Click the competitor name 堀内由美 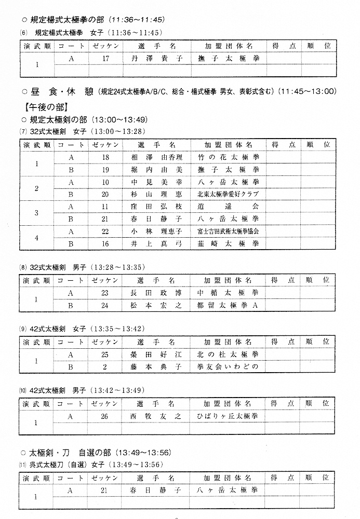click(157, 169)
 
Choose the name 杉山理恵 click(157, 194)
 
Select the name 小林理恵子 click(157, 231)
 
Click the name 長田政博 click(157, 293)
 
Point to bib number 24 click(105, 305)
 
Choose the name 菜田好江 click(157, 354)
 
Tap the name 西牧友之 click(157, 416)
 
